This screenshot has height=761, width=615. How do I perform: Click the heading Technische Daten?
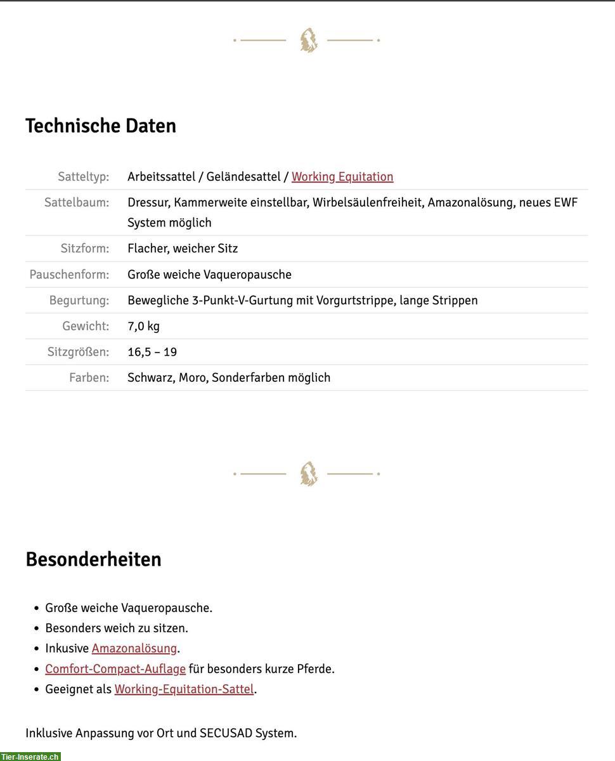101,126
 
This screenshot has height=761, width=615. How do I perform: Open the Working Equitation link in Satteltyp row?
342,177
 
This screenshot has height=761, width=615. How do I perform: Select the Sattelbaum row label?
77,203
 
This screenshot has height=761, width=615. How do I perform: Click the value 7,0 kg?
143,326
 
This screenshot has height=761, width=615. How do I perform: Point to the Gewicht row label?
86,326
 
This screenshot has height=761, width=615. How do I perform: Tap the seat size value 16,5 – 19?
152,352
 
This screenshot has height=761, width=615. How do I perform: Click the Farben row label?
89,378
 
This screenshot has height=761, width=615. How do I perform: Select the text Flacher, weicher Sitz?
183,249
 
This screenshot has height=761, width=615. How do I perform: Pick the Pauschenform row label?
69,275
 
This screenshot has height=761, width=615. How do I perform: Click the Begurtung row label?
79,301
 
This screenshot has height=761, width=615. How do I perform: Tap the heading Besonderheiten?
93,559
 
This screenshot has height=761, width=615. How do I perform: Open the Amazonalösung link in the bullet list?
134,649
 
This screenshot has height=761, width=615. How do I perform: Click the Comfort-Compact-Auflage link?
115,669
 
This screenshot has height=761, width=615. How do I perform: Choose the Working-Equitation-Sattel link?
184,689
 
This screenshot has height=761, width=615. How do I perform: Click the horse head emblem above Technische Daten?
308,40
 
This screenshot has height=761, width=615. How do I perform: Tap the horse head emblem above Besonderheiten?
308,474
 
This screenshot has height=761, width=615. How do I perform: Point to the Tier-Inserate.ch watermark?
30,756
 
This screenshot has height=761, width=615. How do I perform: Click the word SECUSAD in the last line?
226,734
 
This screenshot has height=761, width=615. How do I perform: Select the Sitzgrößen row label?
78,352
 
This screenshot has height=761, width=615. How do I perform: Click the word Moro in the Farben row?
192,378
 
